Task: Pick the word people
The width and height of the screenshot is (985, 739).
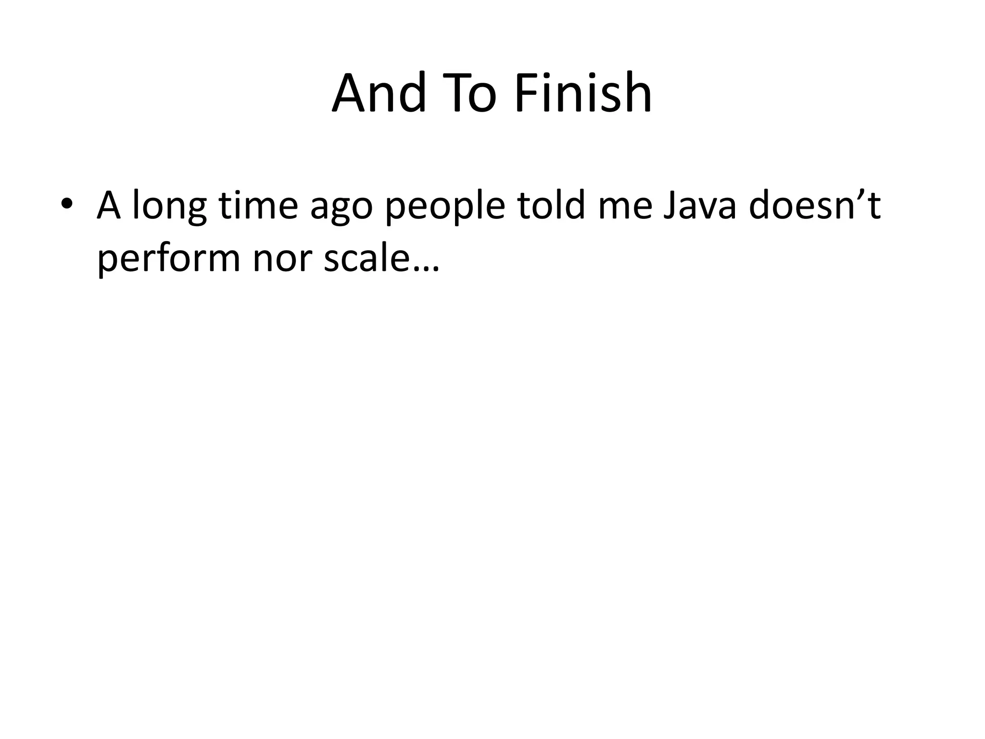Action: [445, 207]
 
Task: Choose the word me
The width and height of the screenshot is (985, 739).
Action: [625, 207]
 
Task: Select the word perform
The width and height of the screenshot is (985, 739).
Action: [168, 260]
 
